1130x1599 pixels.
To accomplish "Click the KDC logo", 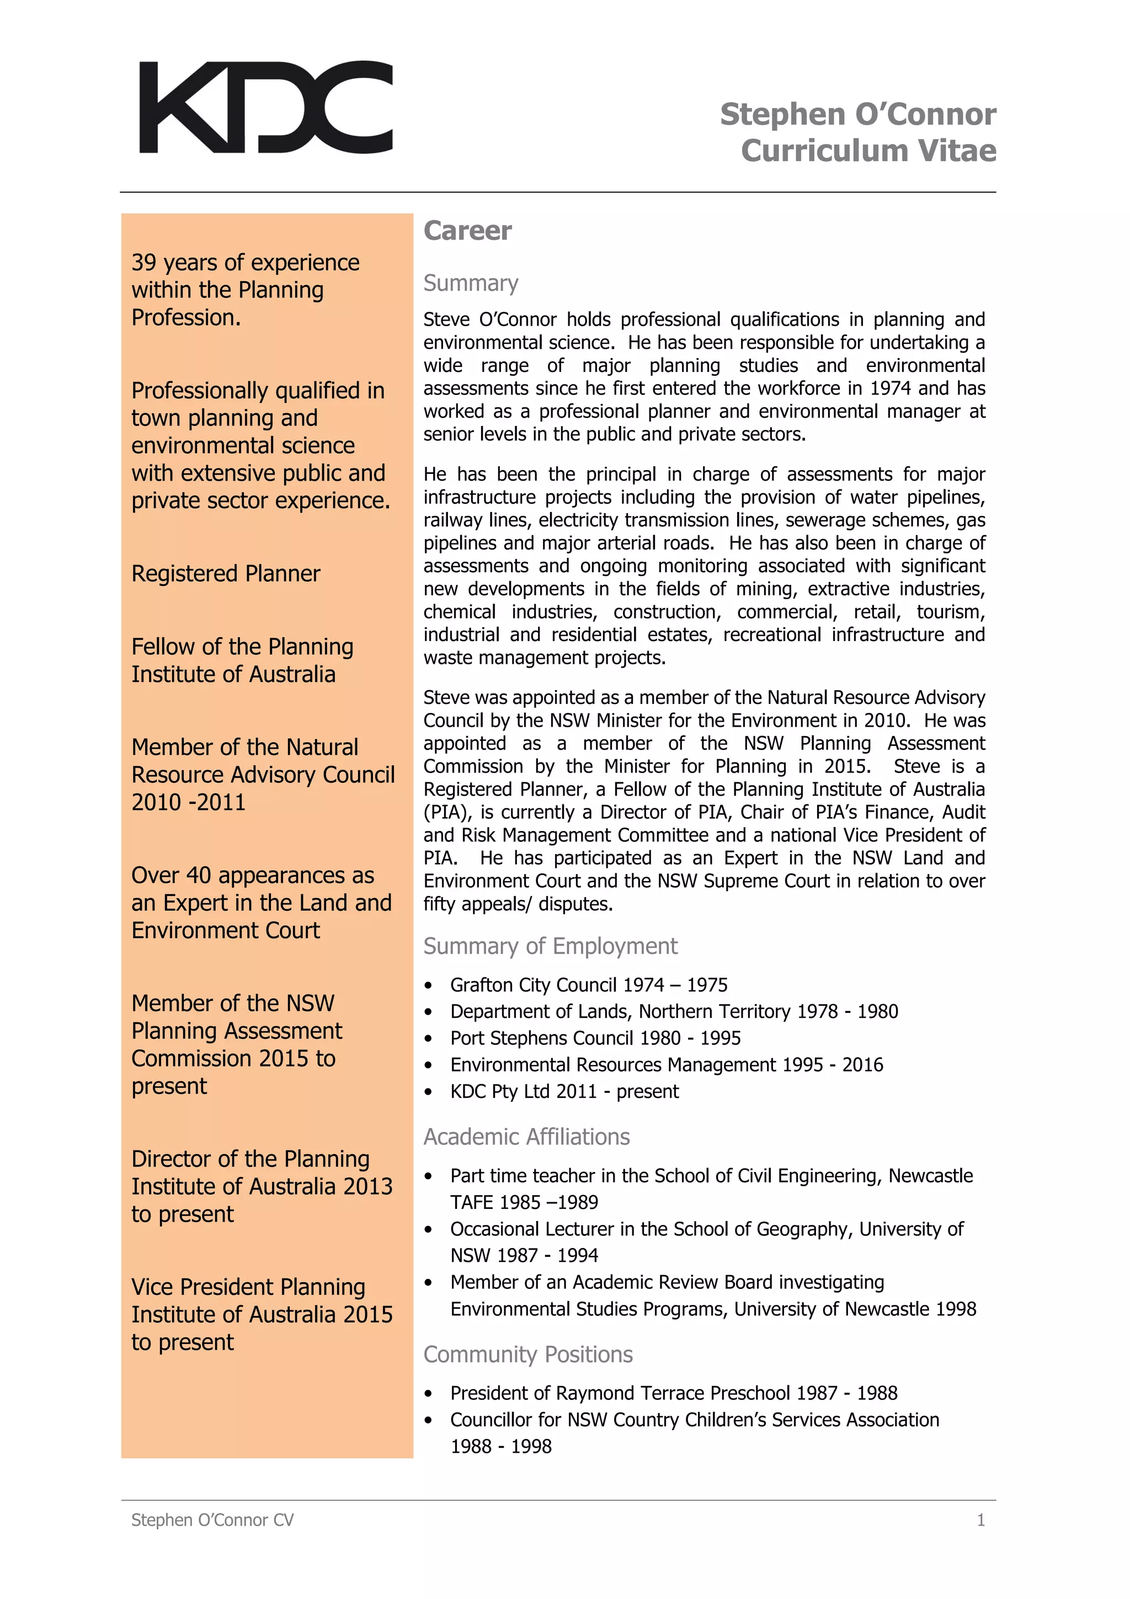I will pos(265,106).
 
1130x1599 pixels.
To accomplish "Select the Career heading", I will pos(467,231).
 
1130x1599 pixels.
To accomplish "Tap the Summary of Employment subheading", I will pos(550,946).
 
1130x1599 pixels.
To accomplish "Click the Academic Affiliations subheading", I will pos(526,1137).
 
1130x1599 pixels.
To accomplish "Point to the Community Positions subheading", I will pos(527,1354).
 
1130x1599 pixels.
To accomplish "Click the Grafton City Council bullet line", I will pos(588,985).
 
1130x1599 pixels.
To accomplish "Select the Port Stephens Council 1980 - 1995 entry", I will pos(595,1038).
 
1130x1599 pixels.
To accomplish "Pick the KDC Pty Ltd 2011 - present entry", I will pos(564,1091).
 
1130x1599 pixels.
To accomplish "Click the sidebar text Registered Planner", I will pos(226,573).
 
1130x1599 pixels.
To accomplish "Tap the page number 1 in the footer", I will pos(980,1520).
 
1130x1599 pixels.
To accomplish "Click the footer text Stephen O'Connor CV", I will pos(212,1520).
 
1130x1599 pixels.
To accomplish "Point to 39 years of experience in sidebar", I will pos(245,263).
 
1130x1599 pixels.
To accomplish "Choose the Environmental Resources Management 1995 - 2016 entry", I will pos(667,1065).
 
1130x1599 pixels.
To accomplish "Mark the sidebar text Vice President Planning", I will pos(248,1287).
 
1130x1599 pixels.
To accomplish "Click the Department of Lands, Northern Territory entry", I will pos(674,1011).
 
